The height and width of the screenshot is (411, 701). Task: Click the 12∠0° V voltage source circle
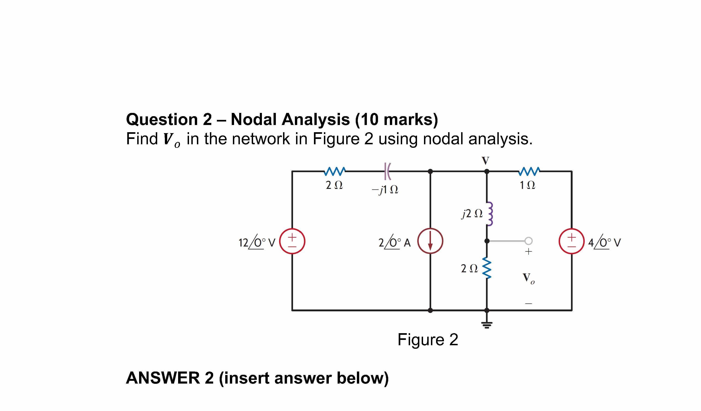[x=292, y=241]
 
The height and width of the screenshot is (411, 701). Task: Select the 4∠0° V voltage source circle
[x=571, y=241]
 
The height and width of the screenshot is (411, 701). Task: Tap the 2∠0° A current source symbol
[x=430, y=241]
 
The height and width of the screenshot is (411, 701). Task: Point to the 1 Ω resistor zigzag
[x=529, y=171]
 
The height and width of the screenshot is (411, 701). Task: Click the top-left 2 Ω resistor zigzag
[x=335, y=171]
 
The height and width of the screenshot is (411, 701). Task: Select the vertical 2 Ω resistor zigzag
[x=487, y=268]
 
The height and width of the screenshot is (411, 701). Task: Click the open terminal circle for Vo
[x=528, y=241]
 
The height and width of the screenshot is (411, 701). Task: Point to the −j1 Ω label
[x=385, y=190]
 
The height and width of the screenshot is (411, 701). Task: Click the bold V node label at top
[x=486, y=161]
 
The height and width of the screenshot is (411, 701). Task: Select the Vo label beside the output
[x=528, y=278]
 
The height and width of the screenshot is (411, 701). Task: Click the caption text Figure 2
[x=427, y=340]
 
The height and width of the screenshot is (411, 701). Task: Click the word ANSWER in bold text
[x=163, y=378]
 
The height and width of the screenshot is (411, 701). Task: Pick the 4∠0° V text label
[x=604, y=242]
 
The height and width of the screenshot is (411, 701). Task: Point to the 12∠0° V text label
[x=257, y=242]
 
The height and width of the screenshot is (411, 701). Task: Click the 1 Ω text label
[x=527, y=185]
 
